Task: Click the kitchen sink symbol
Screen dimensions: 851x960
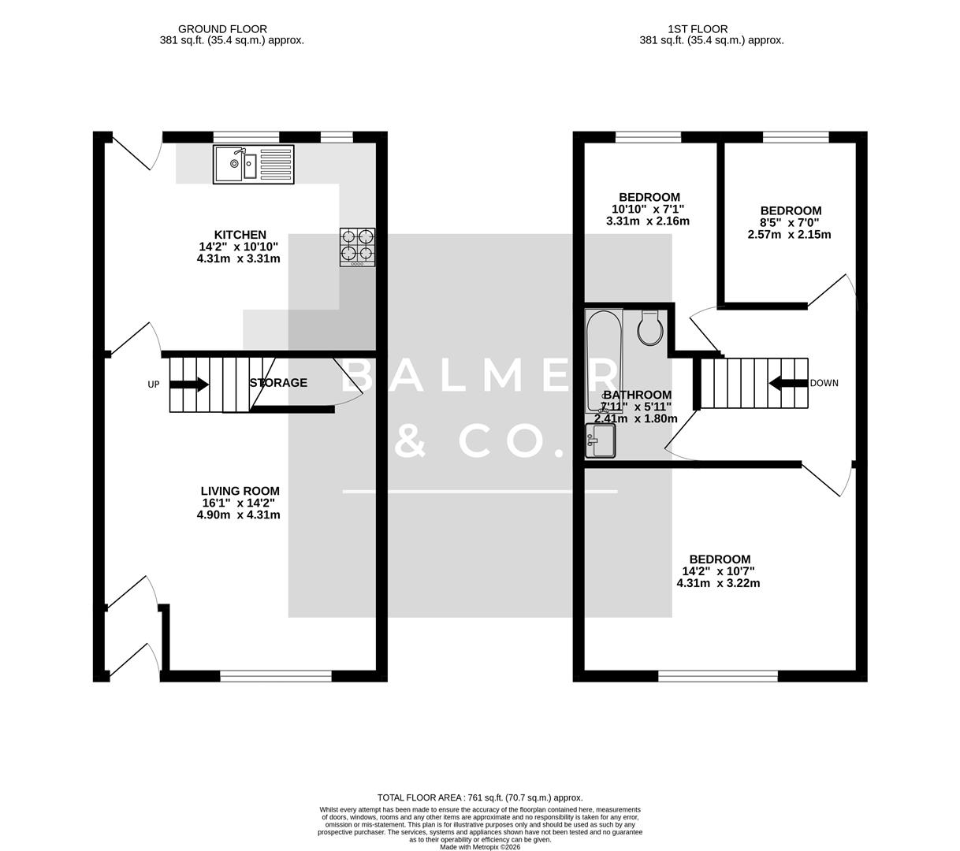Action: (x=253, y=165)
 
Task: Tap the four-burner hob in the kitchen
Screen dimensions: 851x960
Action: (x=357, y=246)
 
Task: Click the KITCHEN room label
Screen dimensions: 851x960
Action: (x=240, y=235)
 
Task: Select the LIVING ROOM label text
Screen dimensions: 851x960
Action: (x=239, y=491)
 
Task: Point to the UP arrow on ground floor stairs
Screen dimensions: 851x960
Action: (x=189, y=385)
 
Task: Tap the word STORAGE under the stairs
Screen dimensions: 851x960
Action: (x=278, y=383)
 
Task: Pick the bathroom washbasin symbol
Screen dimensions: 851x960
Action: (x=600, y=441)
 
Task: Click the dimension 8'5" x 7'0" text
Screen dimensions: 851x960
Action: (x=789, y=223)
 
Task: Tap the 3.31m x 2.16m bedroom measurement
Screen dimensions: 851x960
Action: (x=648, y=221)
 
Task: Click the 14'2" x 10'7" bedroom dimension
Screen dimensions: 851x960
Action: (x=718, y=571)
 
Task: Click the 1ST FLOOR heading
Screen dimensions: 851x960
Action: (x=687, y=29)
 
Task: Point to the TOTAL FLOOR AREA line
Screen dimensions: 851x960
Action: (x=480, y=797)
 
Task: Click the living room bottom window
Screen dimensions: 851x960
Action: (x=276, y=676)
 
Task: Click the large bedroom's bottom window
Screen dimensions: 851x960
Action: (x=718, y=676)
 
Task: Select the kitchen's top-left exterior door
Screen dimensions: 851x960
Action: (x=132, y=150)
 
